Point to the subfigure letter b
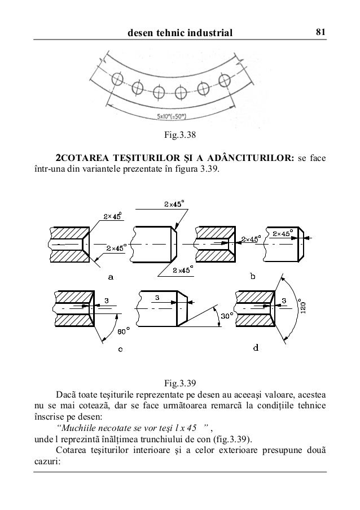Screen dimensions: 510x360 (x=252, y=276)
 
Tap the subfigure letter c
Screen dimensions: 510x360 (x=120, y=348)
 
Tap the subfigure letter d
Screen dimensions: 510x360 (x=256, y=347)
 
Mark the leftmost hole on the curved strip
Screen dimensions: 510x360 (x=117, y=79)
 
